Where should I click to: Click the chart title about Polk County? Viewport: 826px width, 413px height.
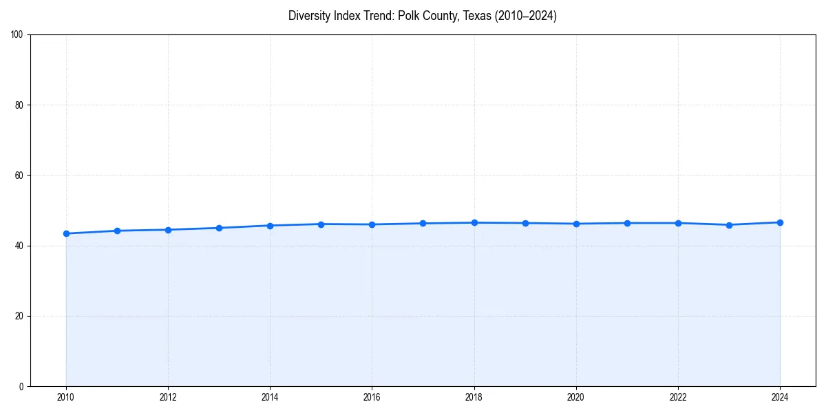422,16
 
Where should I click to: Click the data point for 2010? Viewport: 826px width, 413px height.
66,233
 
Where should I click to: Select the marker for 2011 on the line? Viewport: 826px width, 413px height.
117,231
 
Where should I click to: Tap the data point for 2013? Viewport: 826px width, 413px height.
219,228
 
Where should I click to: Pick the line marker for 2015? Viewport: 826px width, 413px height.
321,224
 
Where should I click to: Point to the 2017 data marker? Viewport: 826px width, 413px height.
423,223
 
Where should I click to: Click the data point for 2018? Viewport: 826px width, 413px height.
474,222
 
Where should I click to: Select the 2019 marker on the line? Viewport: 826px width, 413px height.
525,223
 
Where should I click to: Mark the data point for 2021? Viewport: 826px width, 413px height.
627,223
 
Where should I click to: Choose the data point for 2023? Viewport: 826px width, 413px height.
729,224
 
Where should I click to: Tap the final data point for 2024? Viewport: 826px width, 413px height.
780,222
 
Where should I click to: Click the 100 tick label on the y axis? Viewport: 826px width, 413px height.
17,35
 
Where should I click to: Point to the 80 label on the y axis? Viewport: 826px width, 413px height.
19,105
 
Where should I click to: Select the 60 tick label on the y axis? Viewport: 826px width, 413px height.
19,176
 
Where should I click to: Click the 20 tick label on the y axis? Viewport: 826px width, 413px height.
19,316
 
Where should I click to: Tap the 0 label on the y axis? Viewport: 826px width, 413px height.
21,386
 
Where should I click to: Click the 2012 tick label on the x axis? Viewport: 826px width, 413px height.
168,397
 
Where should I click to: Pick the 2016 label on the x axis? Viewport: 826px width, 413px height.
372,397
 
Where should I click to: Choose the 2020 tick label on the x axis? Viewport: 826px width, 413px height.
576,397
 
